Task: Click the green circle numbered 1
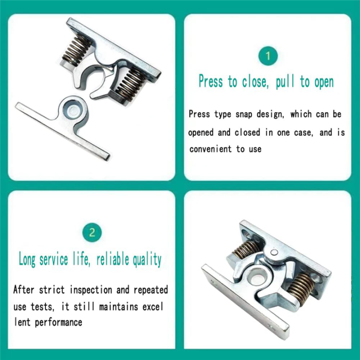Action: coord(267,55)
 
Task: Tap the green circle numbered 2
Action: coord(91,232)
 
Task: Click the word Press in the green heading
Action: coord(210,81)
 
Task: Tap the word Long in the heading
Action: coord(28,259)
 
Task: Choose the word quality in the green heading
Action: coord(147,259)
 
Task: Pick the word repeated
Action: coord(149,289)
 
